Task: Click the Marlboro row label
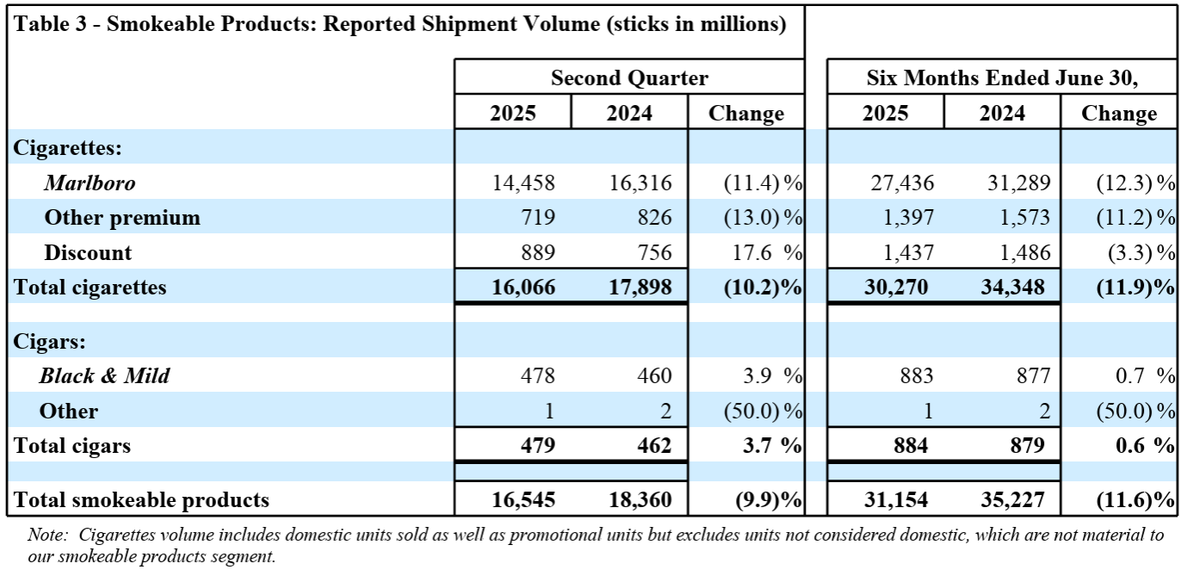point(90,183)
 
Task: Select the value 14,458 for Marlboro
point(523,183)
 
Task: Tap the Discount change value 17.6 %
point(767,252)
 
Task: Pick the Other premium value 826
point(654,217)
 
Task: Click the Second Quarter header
point(629,78)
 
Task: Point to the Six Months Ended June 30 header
point(1002,78)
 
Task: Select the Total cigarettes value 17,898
point(640,288)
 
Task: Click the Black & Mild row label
point(104,375)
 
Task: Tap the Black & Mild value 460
point(654,375)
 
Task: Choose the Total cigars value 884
point(911,446)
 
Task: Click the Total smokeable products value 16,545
point(523,500)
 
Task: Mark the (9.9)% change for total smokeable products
point(768,500)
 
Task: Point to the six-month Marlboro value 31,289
point(1018,183)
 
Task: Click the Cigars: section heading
point(49,341)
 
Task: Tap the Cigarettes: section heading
point(67,148)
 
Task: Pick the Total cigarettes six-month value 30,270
point(896,288)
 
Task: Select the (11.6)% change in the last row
point(1135,500)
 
